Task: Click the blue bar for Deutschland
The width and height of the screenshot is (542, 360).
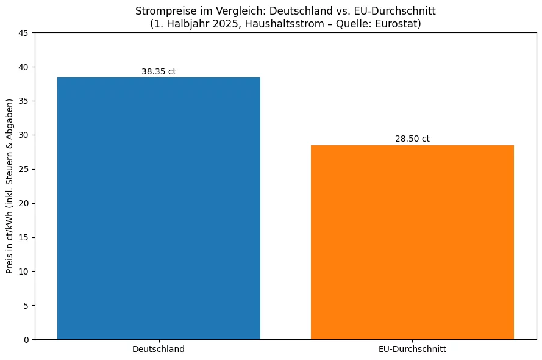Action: [159, 208]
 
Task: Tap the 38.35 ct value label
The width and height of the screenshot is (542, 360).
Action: [159, 71]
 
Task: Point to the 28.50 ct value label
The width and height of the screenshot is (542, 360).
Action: [412, 139]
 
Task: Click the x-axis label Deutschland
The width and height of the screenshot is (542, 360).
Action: [159, 350]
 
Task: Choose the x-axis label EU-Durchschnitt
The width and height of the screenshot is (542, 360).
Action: [412, 350]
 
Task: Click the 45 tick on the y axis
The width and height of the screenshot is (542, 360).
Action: [25, 32]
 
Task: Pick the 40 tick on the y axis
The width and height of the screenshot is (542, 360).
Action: [25, 67]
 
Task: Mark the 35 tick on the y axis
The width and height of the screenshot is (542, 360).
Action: [25, 101]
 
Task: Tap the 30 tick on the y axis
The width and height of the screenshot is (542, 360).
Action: [25, 135]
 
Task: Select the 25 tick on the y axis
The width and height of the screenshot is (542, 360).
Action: [25, 169]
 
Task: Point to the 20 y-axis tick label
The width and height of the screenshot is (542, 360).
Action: [25, 203]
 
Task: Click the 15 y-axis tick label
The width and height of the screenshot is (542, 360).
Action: [25, 237]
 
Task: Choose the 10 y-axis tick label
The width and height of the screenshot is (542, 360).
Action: [25, 271]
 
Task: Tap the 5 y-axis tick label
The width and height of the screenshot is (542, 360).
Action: [27, 305]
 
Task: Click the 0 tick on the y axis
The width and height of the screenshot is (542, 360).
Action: [27, 339]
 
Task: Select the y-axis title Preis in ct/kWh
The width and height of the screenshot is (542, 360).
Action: [10, 185]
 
